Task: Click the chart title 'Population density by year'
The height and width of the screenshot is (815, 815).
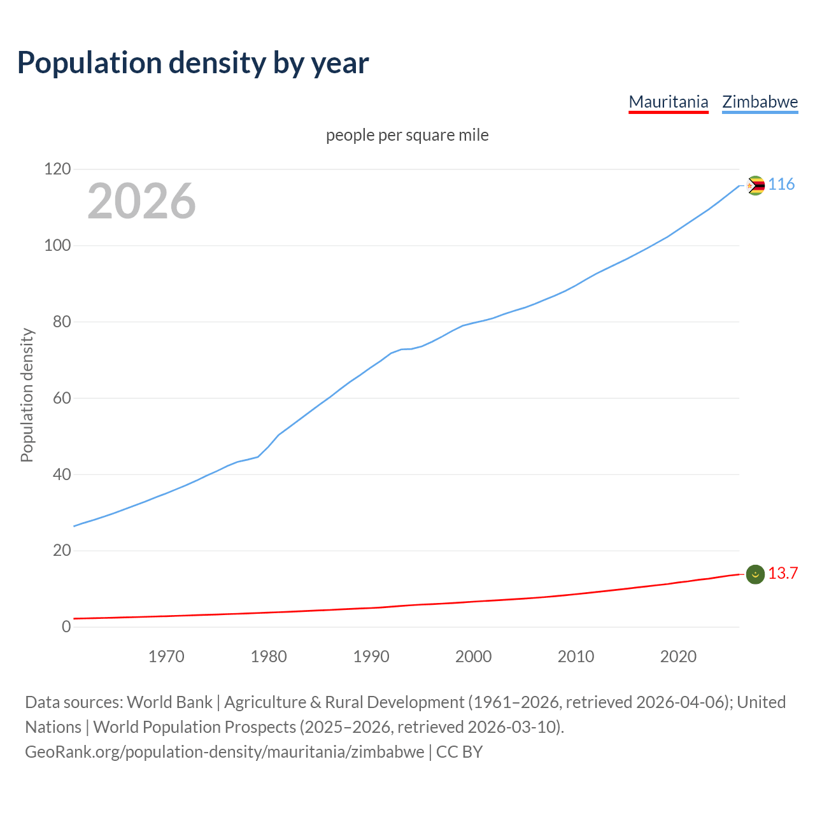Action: [193, 63]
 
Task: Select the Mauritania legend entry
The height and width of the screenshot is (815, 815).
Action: [668, 102]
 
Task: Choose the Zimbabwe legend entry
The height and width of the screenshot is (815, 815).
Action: [760, 102]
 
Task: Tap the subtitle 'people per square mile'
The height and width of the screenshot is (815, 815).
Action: [407, 136]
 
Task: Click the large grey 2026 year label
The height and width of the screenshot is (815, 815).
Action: [141, 201]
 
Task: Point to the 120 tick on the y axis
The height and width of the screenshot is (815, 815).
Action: [57, 169]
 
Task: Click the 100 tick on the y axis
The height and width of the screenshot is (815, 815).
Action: [57, 246]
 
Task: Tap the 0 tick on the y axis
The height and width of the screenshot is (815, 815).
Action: [66, 627]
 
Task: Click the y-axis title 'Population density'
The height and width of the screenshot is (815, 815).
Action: [27, 395]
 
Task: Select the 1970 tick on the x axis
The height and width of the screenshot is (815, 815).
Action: [166, 656]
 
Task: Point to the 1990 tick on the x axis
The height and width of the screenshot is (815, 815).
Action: [371, 656]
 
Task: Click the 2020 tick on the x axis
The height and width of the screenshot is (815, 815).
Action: [678, 656]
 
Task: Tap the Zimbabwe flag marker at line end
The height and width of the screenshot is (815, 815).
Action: [755, 185]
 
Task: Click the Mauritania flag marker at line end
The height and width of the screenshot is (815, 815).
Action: [755, 574]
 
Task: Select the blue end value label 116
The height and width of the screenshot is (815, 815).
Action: [781, 185]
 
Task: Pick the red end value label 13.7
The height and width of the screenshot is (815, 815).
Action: [783, 574]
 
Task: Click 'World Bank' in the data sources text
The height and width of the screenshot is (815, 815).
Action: [169, 702]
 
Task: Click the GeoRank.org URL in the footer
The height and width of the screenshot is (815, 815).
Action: [224, 752]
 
